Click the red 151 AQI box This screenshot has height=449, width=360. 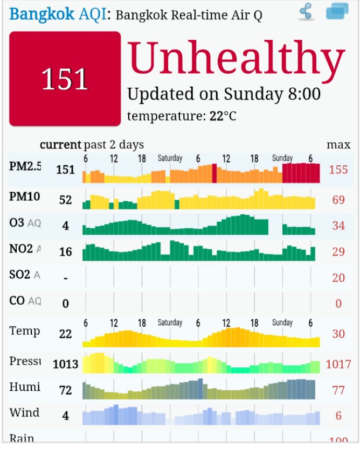(x=65, y=79)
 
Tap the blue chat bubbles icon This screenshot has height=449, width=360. (x=337, y=11)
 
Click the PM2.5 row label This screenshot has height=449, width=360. (x=25, y=166)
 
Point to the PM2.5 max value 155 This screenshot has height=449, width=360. (x=338, y=170)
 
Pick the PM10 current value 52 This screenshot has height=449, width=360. (x=65, y=200)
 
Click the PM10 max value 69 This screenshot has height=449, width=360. (x=338, y=200)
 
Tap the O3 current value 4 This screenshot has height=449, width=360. (x=65, y=226)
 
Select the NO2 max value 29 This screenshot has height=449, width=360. (x=338, y=251)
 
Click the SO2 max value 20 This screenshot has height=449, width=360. (x=338, y=277)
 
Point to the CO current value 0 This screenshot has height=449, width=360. (x=65, y=304)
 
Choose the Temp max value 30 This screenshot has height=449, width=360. (x=338, y=334)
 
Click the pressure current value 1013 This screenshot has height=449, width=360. (x=65, y=364)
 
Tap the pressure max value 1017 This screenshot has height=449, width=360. (x=338, y=364)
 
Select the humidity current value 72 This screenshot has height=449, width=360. (x=65, y=390)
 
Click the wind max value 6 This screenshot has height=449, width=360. (x=338, y=416)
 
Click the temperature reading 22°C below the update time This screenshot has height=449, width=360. (x=222, y=116)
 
